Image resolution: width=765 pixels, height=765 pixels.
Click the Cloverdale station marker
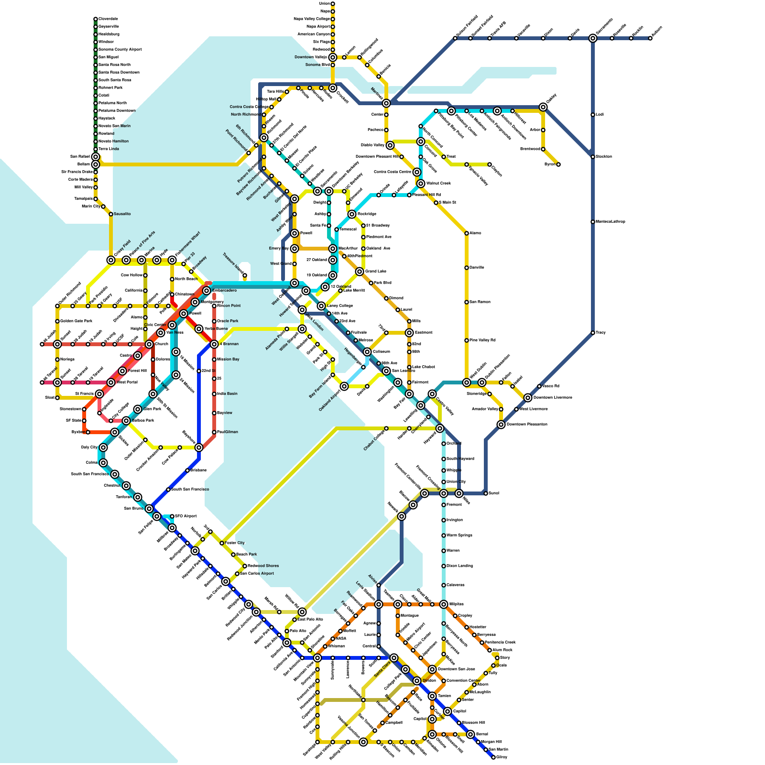96,19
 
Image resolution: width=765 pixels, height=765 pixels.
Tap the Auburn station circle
650,38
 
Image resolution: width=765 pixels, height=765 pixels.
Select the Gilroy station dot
493,757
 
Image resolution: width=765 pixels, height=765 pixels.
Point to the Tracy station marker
593,333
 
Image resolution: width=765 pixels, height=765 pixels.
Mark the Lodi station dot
593,115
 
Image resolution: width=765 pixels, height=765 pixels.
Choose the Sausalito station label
122,214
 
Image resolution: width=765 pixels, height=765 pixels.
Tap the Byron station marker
558,164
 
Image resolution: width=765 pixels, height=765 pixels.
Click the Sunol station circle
486,493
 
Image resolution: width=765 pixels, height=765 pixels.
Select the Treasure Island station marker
245,275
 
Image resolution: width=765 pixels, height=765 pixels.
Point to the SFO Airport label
186,516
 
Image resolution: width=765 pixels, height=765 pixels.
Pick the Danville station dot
467,268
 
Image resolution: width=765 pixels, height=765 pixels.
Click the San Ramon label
480,302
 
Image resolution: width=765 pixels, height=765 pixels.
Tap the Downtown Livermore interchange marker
528,398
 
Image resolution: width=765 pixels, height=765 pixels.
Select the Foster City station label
235,543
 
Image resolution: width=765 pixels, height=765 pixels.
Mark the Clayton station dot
490,164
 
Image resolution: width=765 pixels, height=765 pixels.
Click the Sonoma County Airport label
120,50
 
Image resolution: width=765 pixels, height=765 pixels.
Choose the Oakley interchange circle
543,107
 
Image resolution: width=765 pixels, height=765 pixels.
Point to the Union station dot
333,4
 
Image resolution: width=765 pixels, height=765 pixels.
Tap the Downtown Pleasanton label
527,425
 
